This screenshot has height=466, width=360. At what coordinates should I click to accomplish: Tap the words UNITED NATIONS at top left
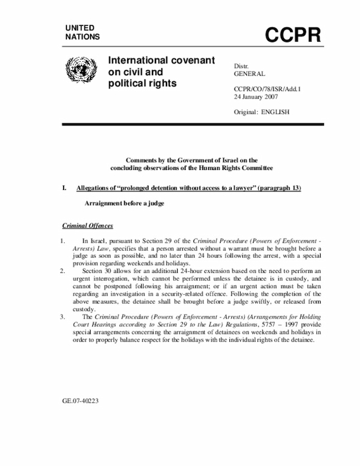click(x=82, y=32)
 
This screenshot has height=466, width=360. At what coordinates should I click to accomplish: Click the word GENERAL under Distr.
click(x=249, y=74)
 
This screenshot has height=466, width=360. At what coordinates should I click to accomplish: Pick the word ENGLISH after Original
click(x=275, y=111)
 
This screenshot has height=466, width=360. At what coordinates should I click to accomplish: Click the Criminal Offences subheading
click(x=87, y=226)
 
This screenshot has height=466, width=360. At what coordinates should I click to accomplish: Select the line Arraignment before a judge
click(x=124, y=203)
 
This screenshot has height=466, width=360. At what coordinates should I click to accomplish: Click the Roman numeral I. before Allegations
click(x=65, y=187)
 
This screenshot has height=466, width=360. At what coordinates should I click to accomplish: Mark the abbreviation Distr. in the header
click(x=242, y=66)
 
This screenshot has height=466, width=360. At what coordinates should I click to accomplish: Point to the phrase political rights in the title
click(x=143, y=84)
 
